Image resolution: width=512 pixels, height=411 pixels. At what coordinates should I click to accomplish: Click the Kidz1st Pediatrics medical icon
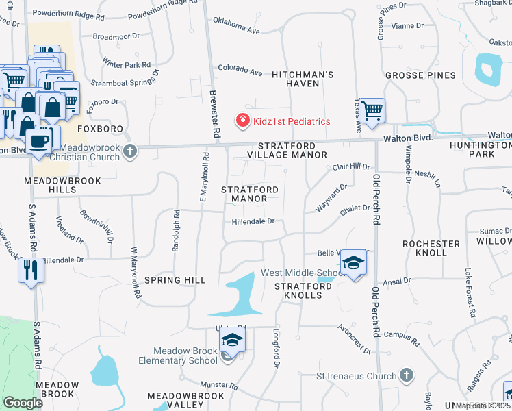(242, 121)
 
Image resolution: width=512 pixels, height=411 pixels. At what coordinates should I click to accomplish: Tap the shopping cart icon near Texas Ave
(372, 110)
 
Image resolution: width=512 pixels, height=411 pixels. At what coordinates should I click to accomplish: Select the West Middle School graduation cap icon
(353, 262)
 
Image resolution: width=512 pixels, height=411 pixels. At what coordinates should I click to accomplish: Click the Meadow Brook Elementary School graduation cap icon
(232, 340)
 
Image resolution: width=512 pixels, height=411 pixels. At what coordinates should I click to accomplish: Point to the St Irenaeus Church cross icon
(407, 375)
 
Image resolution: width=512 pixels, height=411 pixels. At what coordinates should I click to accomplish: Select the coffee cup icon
(40, 140)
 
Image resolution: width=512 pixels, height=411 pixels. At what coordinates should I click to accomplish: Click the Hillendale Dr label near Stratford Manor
(253, 221)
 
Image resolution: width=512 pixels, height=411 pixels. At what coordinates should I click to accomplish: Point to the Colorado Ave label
(240, 70)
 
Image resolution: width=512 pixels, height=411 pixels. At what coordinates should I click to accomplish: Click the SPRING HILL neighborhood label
(176, 280)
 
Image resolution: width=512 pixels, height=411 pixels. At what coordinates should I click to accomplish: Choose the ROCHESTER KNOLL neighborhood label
(431, 248)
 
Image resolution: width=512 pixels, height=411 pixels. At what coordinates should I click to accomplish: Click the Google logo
(23, 402)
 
